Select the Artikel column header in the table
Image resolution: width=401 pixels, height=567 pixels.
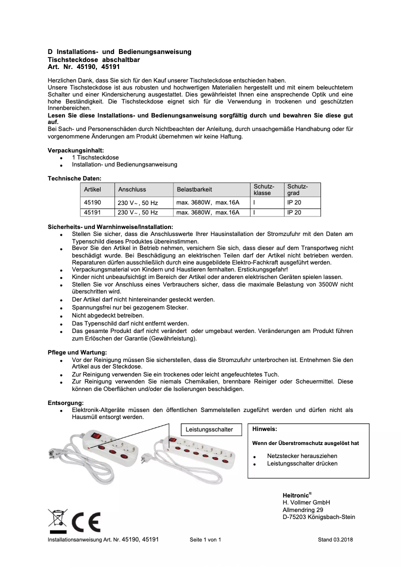click(x=92, y=189)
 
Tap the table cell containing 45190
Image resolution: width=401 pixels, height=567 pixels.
click(x=92, y=202)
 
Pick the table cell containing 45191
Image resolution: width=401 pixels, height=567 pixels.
click(x=92, y=212)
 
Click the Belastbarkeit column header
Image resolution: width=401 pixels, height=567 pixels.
click(x=194, y=189)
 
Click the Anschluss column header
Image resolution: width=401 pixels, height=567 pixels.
click(x=132, y=189)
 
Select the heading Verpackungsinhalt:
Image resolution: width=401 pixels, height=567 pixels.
click(x=76, y=150)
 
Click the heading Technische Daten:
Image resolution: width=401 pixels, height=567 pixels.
click(x=74, y=178)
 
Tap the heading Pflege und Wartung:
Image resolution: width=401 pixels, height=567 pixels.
click(x=77, y=352)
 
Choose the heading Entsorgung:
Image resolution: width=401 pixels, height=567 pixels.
click(x=65, y=402)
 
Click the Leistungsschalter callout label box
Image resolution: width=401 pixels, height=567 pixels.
click(x=209, y=429)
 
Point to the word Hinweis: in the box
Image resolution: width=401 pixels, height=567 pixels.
click(x=264, y=429)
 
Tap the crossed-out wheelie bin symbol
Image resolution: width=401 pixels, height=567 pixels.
click(x=57, y=520)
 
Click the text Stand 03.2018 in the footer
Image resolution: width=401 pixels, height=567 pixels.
click(x=335, y=540)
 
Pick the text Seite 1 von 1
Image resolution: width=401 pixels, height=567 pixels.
click(x=205, y=540)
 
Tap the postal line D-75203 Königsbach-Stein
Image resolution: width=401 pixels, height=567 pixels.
click(x=318, y=517)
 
